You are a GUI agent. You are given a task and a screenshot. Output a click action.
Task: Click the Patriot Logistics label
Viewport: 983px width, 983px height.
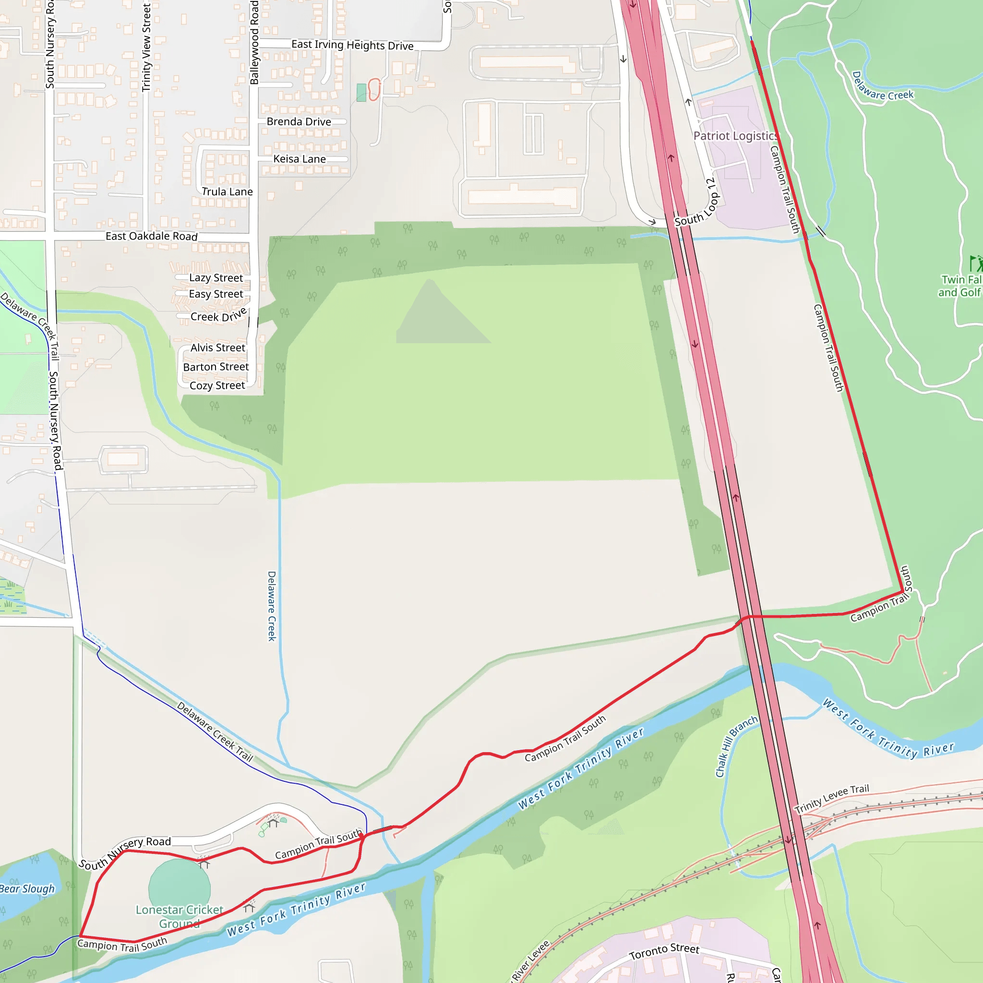735,136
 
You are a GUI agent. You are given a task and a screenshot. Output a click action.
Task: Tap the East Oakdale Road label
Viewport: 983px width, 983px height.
151,236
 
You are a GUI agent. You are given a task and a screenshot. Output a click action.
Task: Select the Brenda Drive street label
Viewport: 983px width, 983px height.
299,121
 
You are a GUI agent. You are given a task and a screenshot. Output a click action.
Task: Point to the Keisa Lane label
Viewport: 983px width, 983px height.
299,159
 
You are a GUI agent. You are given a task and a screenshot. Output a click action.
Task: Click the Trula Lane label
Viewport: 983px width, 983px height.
227,192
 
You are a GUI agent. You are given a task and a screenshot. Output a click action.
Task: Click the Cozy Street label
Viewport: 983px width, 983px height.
217,386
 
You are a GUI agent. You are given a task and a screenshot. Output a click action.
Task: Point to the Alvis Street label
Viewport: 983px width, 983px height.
218,348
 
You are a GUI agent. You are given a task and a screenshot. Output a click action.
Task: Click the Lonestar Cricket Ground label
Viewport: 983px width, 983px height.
179,916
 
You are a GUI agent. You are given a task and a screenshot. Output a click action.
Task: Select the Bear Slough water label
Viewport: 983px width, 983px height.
26,889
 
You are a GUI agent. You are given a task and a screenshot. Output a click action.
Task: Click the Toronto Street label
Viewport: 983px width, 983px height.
664,950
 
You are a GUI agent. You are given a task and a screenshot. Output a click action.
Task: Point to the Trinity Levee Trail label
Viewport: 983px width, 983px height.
831,798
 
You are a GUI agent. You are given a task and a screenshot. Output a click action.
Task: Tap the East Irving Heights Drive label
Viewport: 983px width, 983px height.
352,45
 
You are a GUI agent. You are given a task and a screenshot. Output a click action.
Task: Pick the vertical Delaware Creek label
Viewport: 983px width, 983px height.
272,605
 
